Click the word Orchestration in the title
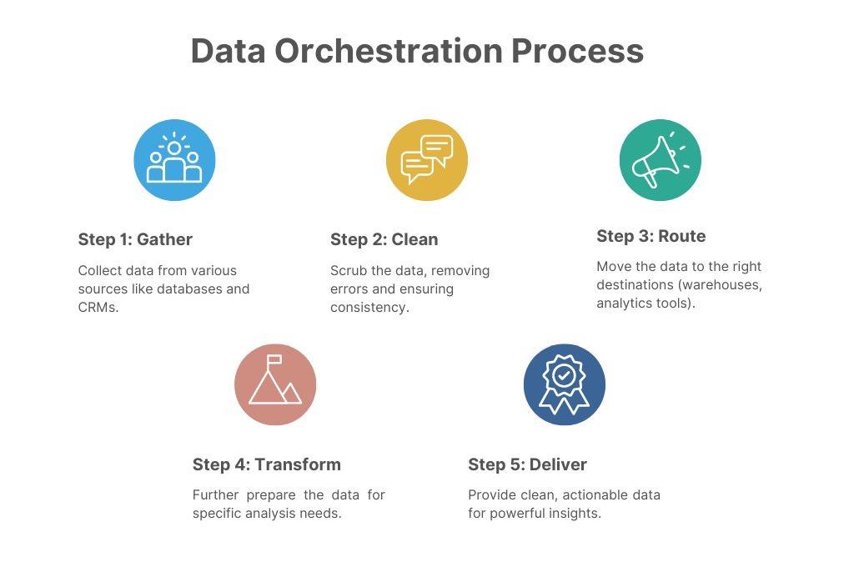pos(389,51)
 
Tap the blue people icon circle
pos(175,159)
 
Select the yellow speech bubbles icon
pos(427,159)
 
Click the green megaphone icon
pos(661,159)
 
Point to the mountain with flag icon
pos(275,384)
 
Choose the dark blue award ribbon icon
pos(565,384)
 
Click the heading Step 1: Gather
pos(135,239)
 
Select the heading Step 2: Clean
pos(384,239)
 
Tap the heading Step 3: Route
pos(651,236)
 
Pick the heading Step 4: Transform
pos(266,464)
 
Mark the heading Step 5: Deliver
pos(527,464)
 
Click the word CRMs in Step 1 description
pos(98,307)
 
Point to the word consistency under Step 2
pos(369,307)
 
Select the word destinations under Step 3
pos(635,284)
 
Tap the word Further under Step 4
pos(216,494)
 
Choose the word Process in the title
pos(577,51)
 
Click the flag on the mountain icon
pos(274,359)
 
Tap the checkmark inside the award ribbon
pos(565,374)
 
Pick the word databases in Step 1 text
pos(189,289)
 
